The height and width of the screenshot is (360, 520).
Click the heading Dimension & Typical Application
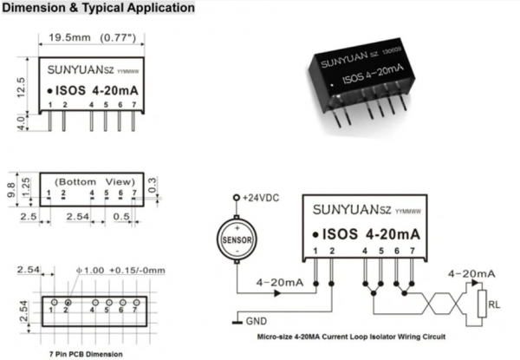tap(97, 8)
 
